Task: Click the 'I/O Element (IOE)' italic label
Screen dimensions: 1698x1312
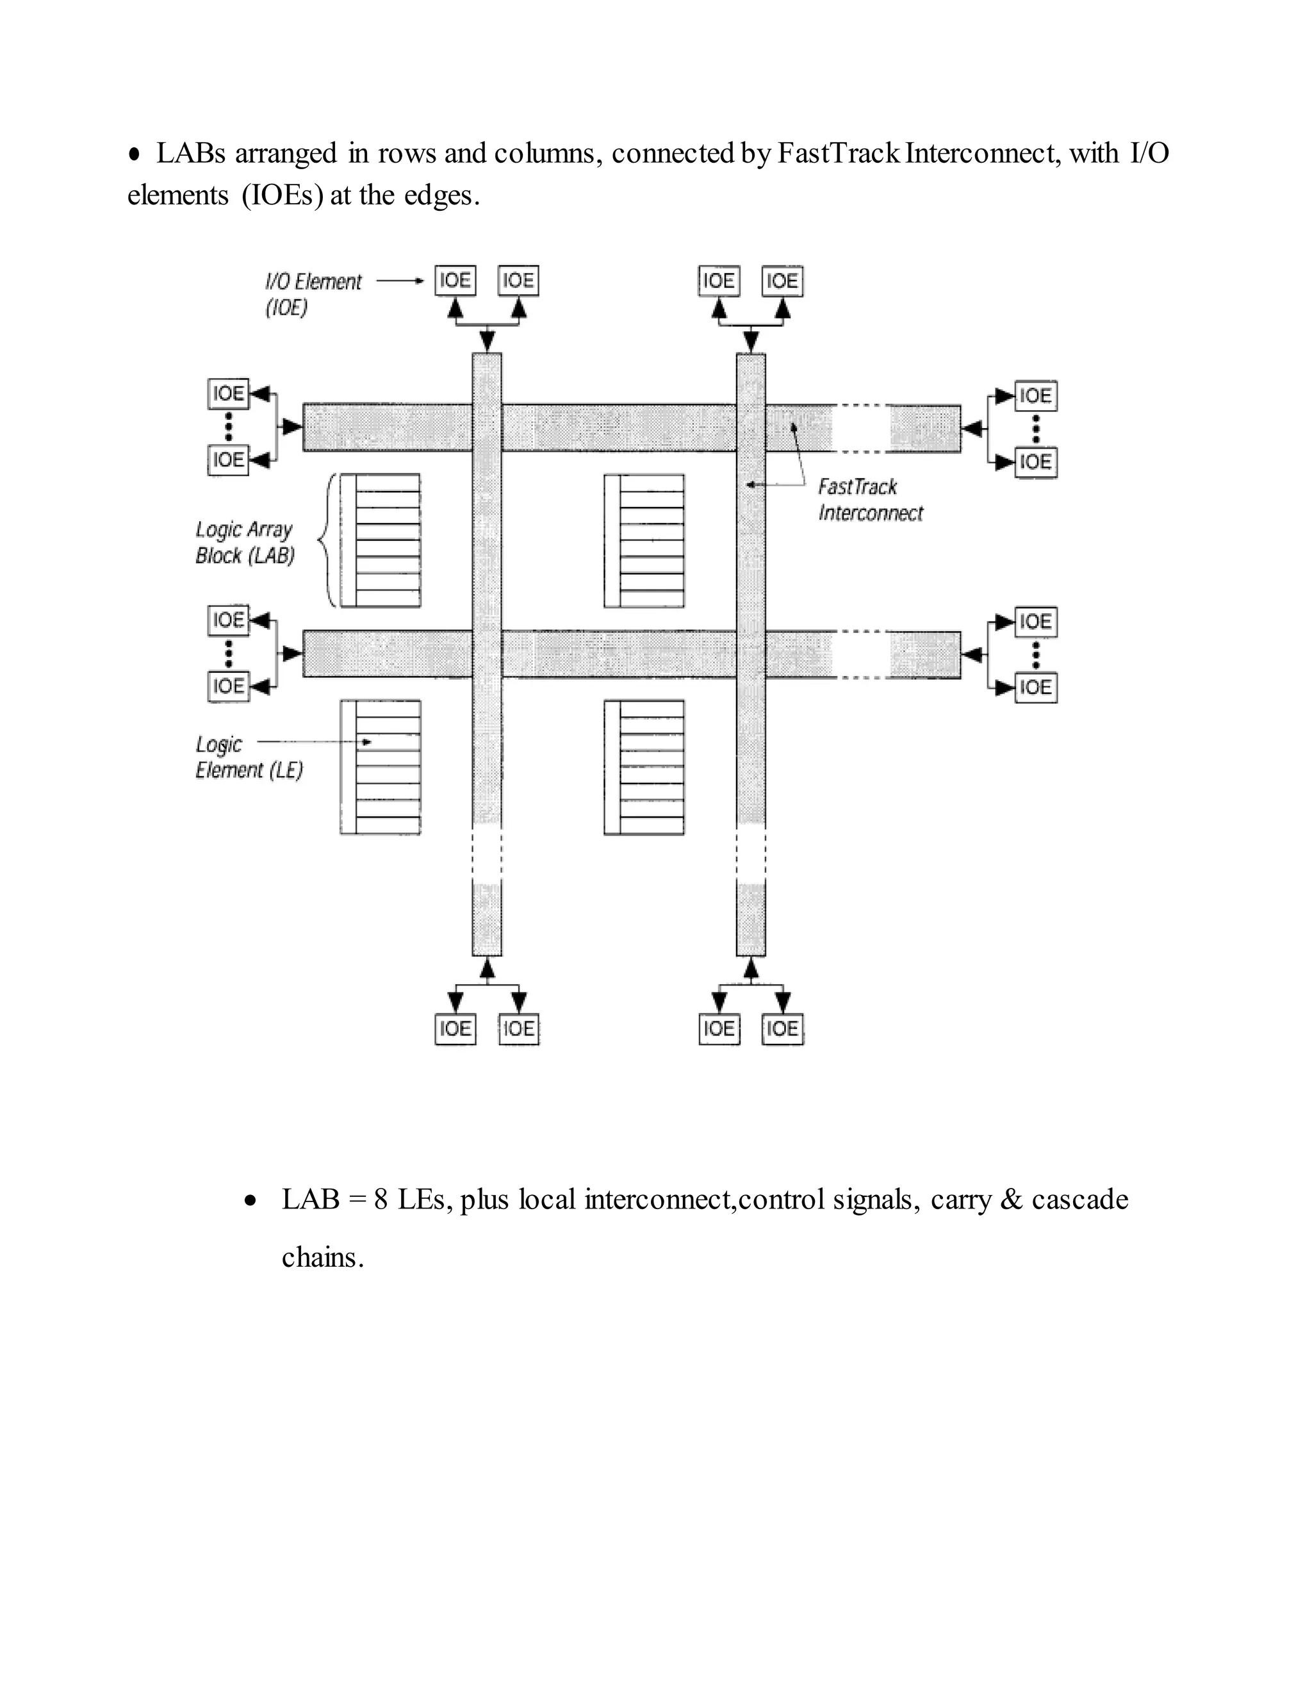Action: click(313, 294)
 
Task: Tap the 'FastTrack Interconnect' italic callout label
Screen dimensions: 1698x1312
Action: click(870, 500)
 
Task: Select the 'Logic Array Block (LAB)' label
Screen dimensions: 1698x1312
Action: click(245, 542)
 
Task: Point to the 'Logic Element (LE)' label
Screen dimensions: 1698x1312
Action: click(248, 757)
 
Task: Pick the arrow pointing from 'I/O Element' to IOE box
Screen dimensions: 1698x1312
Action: click(400, 281)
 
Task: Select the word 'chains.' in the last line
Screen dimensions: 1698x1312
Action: click(323, 1257)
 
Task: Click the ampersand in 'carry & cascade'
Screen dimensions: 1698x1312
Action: click(1011, 1199)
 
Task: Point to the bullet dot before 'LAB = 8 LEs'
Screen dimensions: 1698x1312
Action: click(249, 1202)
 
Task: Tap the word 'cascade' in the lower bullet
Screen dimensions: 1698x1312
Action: click(1079, 1199)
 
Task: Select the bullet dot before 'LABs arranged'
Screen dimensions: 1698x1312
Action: click(135, 154)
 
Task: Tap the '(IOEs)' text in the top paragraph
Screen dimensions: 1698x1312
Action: click(282, 195)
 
